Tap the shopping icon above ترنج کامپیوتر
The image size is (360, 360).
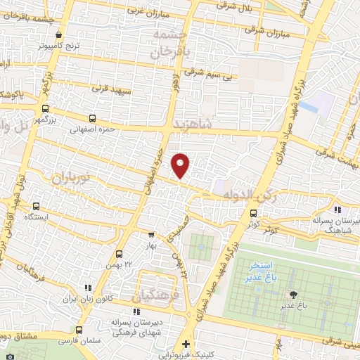tap(59, 34)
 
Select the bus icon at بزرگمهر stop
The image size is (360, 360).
tap(46, 109)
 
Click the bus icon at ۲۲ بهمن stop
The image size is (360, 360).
tap(119, 253)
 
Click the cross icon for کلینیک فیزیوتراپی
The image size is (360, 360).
tap(185, 345)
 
